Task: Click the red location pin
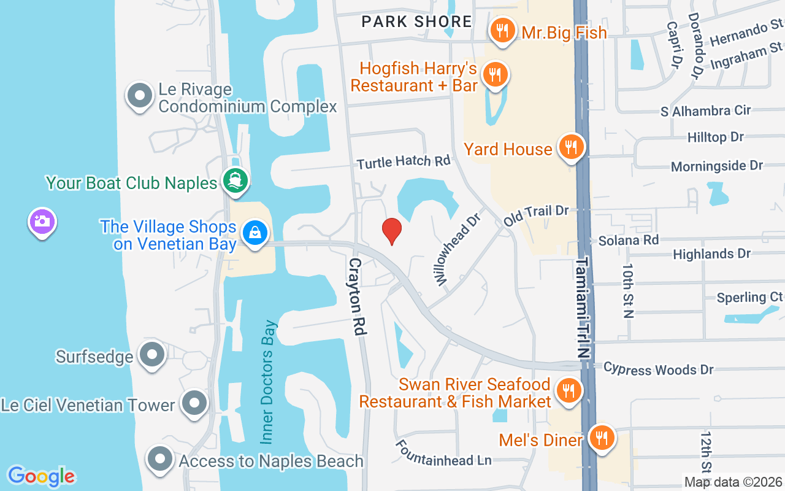tap(392, 230)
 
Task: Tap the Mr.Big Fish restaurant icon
tap(502, 29)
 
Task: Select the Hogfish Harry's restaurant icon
tap(494, 75)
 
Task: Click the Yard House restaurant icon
tap(571, 147)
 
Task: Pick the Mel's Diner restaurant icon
tap(602, 438)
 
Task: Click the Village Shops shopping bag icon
tap(254, 233)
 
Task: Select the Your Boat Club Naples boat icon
tap(235, 180)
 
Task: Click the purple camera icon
tap(42, 221)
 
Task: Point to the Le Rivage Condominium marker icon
tap(140, 96)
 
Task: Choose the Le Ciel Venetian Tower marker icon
tap(195, 403)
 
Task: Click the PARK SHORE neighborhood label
tap(416, 21)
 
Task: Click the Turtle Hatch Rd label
tap(404, 161)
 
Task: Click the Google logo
tap(41, 476)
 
